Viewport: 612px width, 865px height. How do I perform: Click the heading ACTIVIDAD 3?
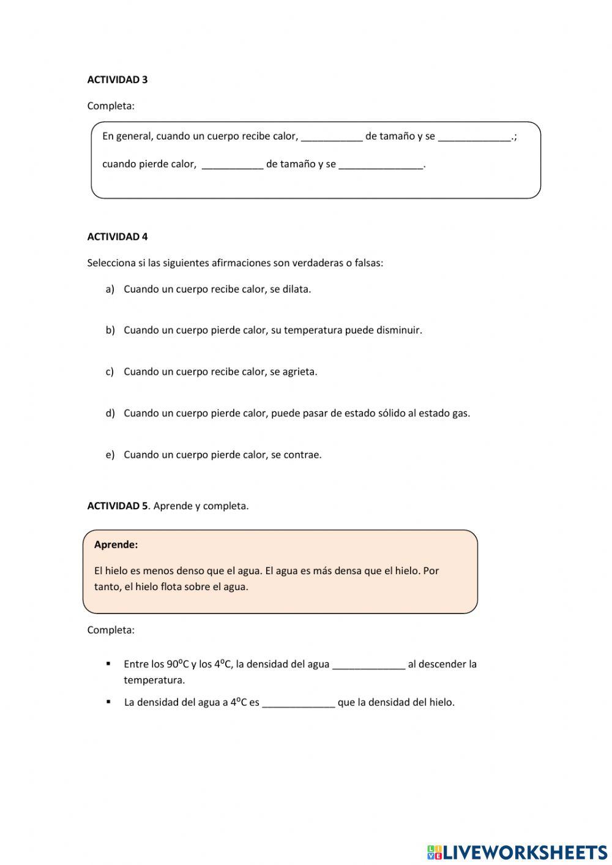117,80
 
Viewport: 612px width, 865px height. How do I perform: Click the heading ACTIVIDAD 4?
117,237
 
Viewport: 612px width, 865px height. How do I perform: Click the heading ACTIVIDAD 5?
117,506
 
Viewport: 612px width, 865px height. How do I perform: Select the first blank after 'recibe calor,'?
332,137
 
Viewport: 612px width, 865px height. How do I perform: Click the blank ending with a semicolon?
474,137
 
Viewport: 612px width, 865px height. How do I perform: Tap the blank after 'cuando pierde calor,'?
233,164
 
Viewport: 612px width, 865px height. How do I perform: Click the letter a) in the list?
110,290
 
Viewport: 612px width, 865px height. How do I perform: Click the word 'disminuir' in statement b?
398,331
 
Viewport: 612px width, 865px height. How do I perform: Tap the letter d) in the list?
110,413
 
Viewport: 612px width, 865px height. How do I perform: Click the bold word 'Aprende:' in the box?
116,545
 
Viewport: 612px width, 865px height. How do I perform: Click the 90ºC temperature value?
177,664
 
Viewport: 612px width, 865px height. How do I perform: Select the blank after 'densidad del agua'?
368,665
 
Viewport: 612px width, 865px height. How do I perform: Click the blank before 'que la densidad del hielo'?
298,703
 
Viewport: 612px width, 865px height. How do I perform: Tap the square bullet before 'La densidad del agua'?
108,702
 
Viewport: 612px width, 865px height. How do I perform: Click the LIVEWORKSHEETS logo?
517,852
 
